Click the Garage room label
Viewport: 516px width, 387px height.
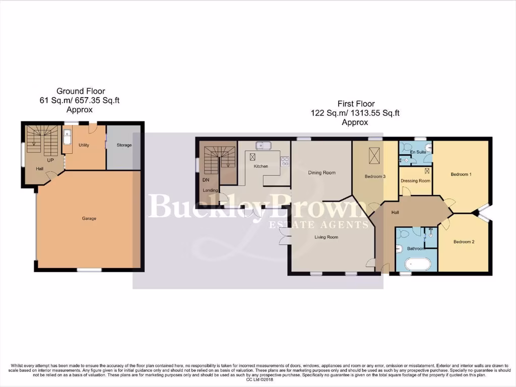pos(89,218)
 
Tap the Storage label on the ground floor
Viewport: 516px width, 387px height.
pos(124,145)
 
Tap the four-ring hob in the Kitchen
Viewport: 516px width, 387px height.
pos(284,161)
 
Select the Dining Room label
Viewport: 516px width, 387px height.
pos(321,173)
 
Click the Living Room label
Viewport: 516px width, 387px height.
pos(327,237)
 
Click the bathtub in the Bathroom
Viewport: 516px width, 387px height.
pos(418,263)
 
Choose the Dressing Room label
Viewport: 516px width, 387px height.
pos(415,181)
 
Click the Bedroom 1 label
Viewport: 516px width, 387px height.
pos(461,174)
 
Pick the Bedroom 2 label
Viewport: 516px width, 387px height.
pos(464,242)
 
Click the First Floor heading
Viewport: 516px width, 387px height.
pos(355,104)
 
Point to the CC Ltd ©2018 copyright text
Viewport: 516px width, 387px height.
pos(258,379)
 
